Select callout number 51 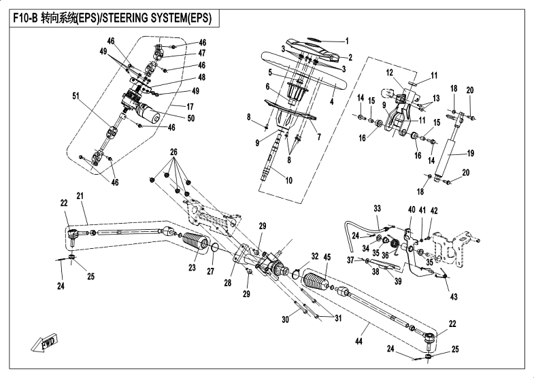click(76, 97)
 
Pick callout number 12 click(390, 73)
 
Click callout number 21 click(80, 196)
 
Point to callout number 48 click(182, 78)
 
